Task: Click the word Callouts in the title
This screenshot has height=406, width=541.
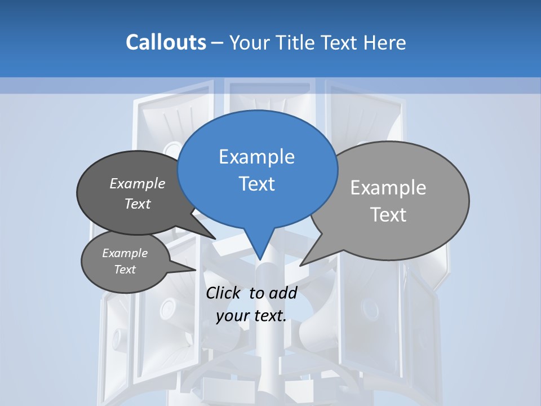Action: [166, 42]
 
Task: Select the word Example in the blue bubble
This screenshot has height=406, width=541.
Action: [256, 156]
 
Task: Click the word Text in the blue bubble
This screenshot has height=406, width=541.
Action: [256, 184]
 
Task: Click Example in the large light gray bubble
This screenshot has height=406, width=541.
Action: [388, 188]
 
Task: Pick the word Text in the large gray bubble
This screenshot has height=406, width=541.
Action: [388, 215]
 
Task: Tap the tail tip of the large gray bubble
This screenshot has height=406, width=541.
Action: [301, 265]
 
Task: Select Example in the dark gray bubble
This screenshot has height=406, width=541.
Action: [138, 183]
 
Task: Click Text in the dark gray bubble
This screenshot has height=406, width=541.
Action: [138, 204]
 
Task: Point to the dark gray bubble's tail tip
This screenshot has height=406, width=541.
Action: [215, 239]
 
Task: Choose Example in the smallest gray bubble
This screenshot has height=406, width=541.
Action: [125, 253]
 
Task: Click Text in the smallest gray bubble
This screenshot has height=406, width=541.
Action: [125, 270]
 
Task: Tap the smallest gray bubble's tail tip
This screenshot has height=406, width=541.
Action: [196, 270]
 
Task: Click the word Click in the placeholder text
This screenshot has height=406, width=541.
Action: [224, 293]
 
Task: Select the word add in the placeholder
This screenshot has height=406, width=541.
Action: [282, 293]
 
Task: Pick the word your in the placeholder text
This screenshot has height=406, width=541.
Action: [232, 316]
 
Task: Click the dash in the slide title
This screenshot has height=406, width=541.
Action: [218, 43]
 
